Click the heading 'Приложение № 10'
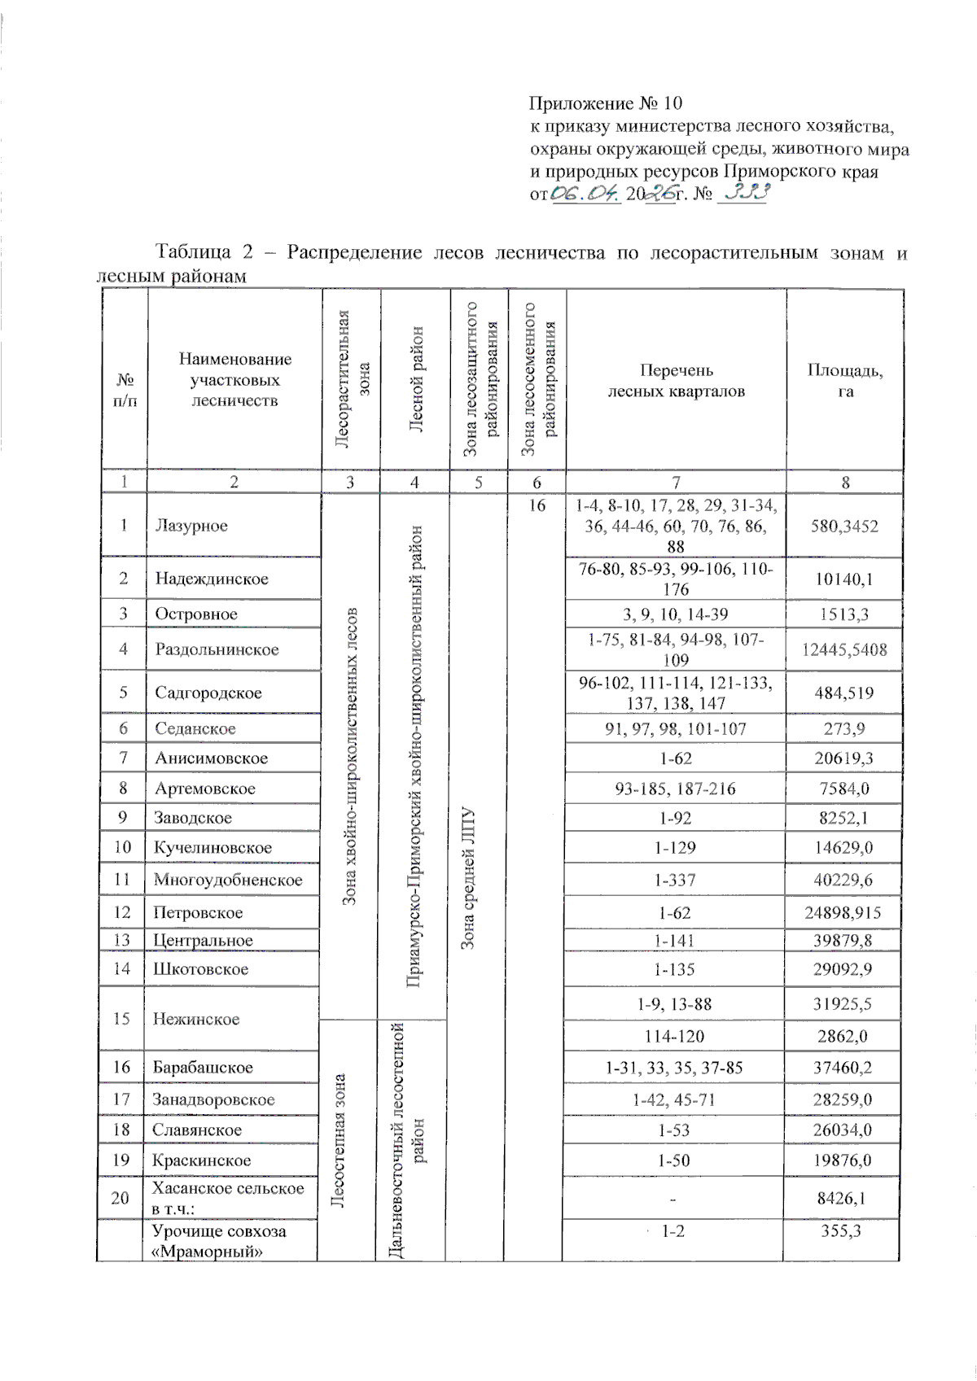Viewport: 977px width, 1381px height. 605,103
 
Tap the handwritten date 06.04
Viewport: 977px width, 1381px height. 586,194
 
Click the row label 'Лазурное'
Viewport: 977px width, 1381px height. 191,526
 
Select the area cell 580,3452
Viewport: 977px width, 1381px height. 844,526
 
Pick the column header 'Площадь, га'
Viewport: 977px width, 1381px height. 845,380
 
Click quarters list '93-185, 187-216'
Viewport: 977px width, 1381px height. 675,789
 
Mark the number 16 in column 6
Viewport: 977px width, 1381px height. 537,505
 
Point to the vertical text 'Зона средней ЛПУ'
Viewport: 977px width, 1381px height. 467,879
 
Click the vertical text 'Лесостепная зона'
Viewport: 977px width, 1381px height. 341,1139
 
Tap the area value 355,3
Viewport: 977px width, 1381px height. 841,1231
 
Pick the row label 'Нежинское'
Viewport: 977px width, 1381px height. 195,1019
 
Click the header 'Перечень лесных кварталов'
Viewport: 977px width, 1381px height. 676,380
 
